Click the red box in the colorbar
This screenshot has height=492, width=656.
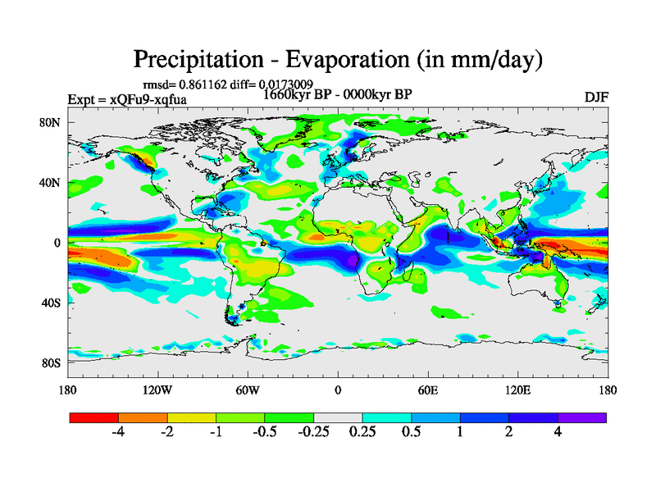[x=94, y=417]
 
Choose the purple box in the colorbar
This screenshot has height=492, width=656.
[x=582, y=417]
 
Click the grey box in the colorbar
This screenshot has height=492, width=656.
[x=338, y=417]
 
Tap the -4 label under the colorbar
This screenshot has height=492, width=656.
[x=118, y=433]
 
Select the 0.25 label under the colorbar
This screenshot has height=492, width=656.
[x=362, y=433]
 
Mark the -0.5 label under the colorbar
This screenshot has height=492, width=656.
[x=264, y=433]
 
